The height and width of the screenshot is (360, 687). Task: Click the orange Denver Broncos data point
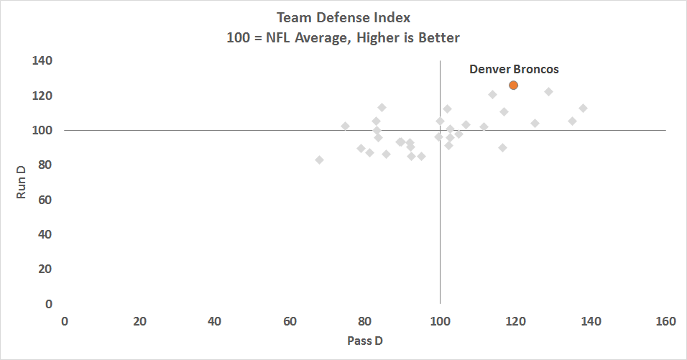click(513, 85)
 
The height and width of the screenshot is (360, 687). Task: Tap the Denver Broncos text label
click(514, 70)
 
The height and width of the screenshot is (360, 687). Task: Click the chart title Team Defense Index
click(343, 17)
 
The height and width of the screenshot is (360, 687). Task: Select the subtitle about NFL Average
click(343, 37)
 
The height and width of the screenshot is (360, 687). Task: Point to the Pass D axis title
click(365, 340)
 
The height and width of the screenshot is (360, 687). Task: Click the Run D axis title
click(21, 182)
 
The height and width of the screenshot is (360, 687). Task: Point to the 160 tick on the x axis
click(665, 321)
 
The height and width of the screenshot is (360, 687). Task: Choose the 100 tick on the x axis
click(440, 321)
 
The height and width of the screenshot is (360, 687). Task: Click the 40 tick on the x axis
click(214, 321)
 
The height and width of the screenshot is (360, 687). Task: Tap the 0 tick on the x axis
click(65, 321)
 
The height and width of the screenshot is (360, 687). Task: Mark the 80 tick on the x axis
click(365, 321)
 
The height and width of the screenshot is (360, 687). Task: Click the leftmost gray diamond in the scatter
click(319, 160)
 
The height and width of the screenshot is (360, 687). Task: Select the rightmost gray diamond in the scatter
click(583, 108)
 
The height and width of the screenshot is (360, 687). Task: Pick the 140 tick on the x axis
click(591, 321)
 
